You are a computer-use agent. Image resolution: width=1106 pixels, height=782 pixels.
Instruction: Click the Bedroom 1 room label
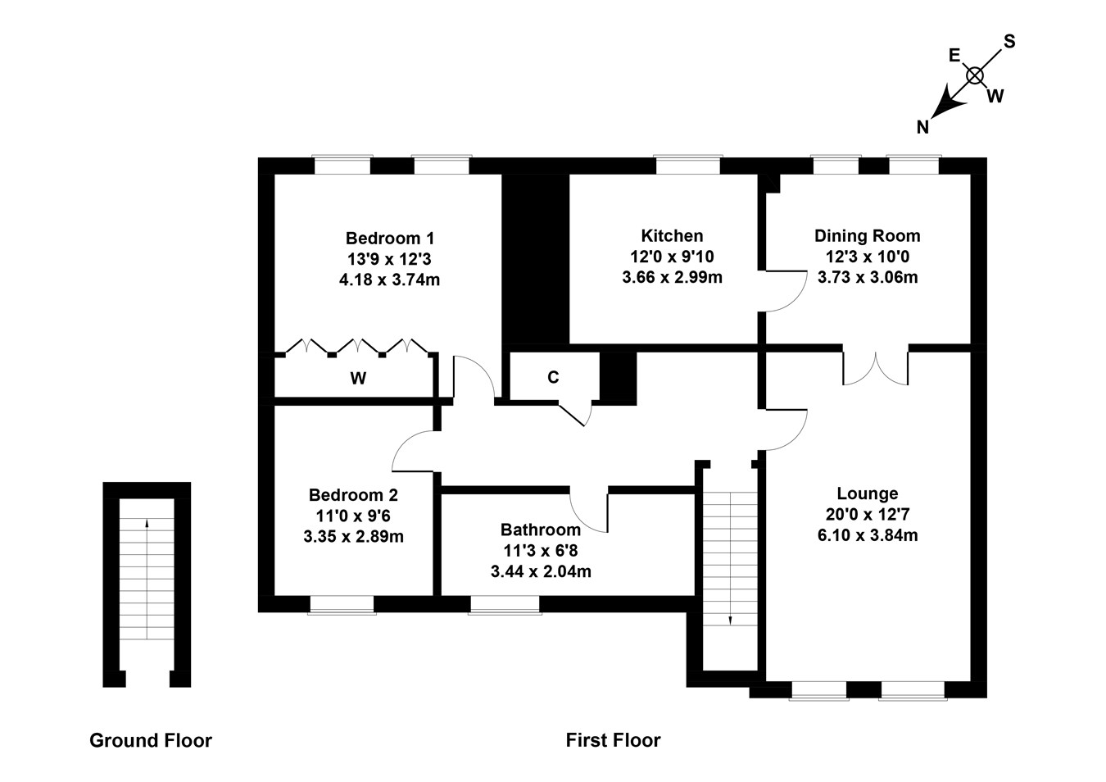[389, 239]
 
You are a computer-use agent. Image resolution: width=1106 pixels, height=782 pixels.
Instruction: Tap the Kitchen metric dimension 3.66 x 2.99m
[672, 277]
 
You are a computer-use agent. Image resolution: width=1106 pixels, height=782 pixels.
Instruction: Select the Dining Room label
[867, 236]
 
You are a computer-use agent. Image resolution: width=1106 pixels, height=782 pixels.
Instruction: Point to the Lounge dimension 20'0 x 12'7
[867, 515]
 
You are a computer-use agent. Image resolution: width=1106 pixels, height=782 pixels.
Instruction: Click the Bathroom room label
[541, 530]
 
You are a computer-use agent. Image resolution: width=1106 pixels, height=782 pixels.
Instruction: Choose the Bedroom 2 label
[353, 495]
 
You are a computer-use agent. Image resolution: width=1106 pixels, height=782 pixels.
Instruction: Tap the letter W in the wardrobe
[358, 378]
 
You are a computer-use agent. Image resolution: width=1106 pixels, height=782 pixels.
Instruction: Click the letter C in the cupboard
[553, 377]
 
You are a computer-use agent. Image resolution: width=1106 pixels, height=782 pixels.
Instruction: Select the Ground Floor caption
[151, 741]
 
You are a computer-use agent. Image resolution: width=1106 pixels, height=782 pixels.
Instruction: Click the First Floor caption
[613, 741]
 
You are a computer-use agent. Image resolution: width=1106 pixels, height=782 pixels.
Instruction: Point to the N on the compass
[923, 126]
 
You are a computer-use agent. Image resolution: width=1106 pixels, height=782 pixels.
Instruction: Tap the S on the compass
[1009, 42]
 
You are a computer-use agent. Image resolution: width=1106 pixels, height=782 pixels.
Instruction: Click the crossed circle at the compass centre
[974, 75]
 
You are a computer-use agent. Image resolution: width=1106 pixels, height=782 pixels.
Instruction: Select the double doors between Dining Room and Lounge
[875, 369]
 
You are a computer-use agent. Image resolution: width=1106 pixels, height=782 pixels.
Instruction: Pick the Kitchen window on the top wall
[688, 166]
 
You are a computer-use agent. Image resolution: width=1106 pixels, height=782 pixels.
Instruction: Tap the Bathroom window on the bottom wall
[505, 604]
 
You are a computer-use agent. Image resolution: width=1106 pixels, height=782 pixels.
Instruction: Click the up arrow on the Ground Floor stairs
[147, 525]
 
